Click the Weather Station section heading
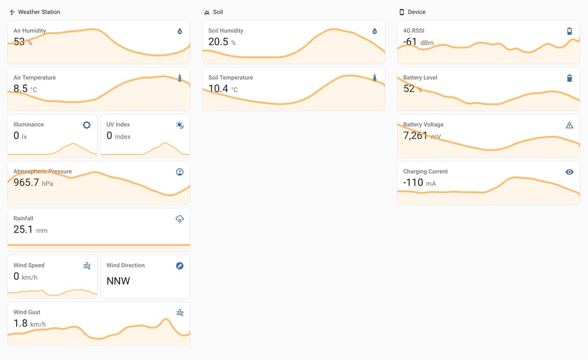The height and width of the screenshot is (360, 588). click(x=39, y=12)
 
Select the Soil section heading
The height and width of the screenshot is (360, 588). click(x=218, y=12)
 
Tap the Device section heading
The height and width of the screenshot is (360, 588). click(x=416, y=12)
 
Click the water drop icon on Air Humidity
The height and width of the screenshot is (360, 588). click(x=180, y=32)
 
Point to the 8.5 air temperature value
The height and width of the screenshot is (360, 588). click(x=20, y=88)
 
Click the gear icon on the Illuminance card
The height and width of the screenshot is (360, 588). click(x=87, y=125)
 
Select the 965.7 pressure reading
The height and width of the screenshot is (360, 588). click(x=26, y=183)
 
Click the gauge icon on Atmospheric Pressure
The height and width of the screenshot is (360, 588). click(x=180, y=172)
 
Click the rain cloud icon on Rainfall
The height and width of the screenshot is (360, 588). click(x=180, y=219)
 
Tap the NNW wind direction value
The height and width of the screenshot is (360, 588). click(x=118, y=281)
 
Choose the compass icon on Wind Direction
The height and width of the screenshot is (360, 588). click(x=180, y=266)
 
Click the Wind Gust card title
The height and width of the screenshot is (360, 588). click(x=28, y=312)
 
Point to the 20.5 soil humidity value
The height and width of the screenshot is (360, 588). click(x=218, y=42)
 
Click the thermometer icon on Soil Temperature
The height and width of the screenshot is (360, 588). click(x=374, y=78)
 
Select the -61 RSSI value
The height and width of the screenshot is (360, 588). click(x=409, y=42)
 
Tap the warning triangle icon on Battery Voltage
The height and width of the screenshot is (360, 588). click(x=570, y=125)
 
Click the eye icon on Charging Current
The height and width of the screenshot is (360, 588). click(x=570, y=172)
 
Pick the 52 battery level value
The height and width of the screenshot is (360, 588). click(x=409, y=88)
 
